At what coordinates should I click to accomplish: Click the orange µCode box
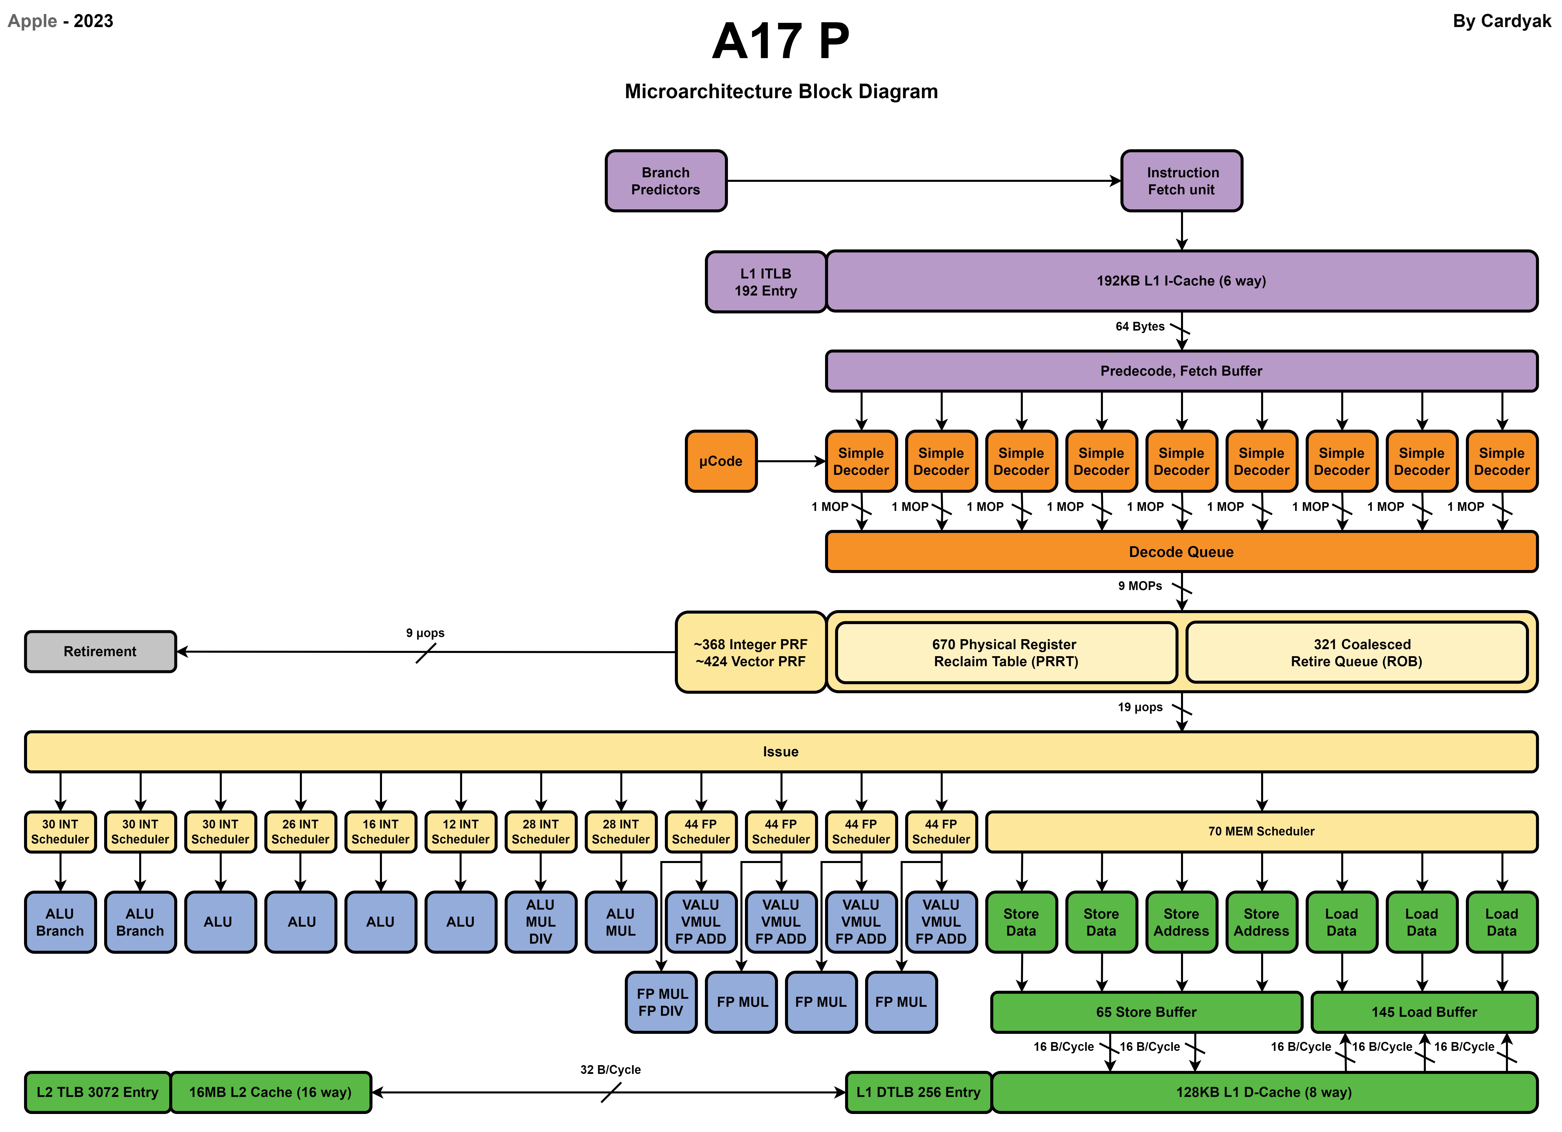pyautogui.click(x=720, y=461)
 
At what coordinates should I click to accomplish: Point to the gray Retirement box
pyautogui.click(x=100, y=651)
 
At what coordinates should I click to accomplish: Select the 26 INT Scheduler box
pyautogui.click(x=300, y=832)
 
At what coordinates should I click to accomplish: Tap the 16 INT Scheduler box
pyautogui.click(x=380, y=832)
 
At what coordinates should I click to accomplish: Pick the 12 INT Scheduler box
pyautogui.click(x=460, y=832)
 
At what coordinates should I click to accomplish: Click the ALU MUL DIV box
pyautogui.click(x=541, y=922)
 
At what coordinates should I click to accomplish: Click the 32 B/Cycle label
pyautogui.click(x=610, y=1069)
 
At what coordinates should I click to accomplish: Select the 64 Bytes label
pyautogui.click(x=1140, y=327)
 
